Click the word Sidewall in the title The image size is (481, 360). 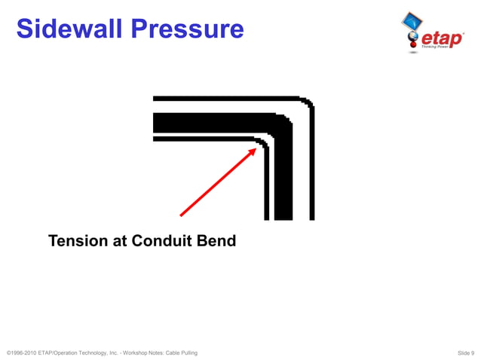68,29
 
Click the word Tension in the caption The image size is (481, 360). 77,241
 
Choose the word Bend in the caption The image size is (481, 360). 217,241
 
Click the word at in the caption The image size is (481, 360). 118,241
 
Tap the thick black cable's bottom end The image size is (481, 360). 283,216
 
